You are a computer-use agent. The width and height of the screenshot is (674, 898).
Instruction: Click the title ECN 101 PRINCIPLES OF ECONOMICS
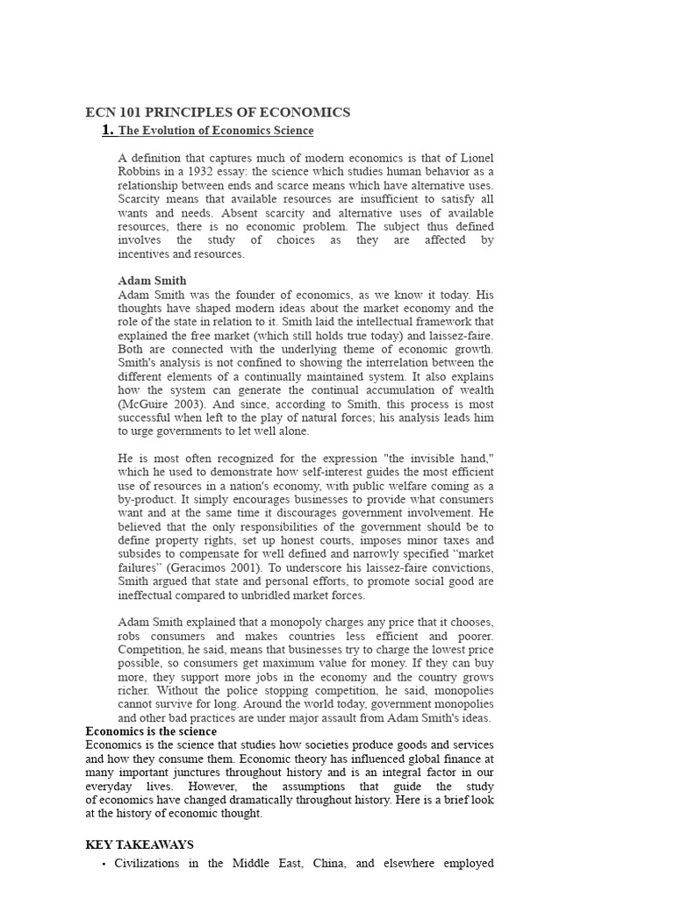coord(218,112)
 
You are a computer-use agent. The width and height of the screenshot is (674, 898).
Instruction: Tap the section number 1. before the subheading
coord(108,131)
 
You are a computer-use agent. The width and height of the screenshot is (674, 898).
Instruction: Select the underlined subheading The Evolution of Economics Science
coord(216,132)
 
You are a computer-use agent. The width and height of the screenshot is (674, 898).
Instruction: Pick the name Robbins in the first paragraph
coord(139,172)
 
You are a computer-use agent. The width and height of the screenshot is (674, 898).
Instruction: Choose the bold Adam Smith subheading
coord(152,282)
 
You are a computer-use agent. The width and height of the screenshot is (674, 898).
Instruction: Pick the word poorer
coord(473,636)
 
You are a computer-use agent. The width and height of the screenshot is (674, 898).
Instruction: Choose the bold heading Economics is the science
coord(151,731)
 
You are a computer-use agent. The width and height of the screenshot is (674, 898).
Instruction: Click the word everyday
coord(109,786)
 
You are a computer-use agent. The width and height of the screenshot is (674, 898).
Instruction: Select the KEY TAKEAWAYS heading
coord(140,845)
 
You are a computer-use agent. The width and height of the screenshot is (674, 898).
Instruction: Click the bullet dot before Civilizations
coord(104,864)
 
